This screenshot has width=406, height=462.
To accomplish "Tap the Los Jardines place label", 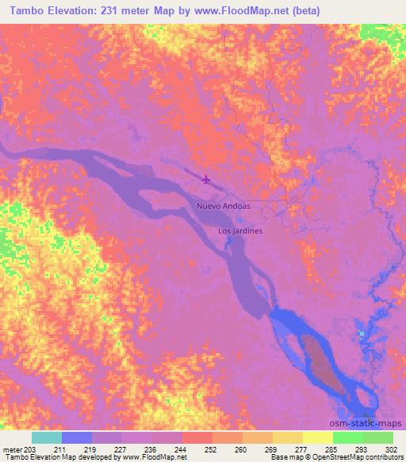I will pos(240,231).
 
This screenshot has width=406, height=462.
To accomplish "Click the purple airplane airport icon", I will pos(207,179).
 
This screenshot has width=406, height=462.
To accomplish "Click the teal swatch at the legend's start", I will pos(47,437).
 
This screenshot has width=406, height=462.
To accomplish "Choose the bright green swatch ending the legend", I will pos(378,437).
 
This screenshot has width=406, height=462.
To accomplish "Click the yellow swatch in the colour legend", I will pos(318,437).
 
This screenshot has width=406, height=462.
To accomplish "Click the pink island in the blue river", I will pos(322,366).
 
